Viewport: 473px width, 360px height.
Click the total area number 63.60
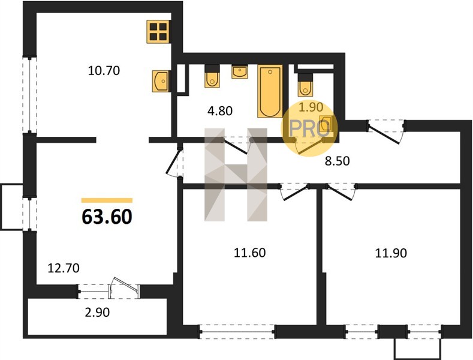pos(107,217)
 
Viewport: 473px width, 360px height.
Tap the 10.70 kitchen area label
pos(104,71)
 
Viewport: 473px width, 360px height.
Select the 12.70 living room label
pos(64,268)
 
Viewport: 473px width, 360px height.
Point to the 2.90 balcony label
pos(97,312)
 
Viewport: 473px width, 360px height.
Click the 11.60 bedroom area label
pos(250,253)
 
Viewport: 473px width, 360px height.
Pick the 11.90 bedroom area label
pos(391,253)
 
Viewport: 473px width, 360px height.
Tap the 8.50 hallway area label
pos(338,161)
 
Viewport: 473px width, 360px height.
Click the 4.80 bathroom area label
pos(220,111)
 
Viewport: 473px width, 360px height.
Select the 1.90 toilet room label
pos(311,107)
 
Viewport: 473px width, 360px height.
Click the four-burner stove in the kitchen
pos(158,32)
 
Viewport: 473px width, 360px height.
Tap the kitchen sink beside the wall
pos(161,80)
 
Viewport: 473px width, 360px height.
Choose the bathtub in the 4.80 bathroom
pos(270,91)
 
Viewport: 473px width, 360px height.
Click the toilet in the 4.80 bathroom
pos(212,76)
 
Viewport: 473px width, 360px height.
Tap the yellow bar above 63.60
pos(107,200)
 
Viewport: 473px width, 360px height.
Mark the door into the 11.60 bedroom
pos(294,192)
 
